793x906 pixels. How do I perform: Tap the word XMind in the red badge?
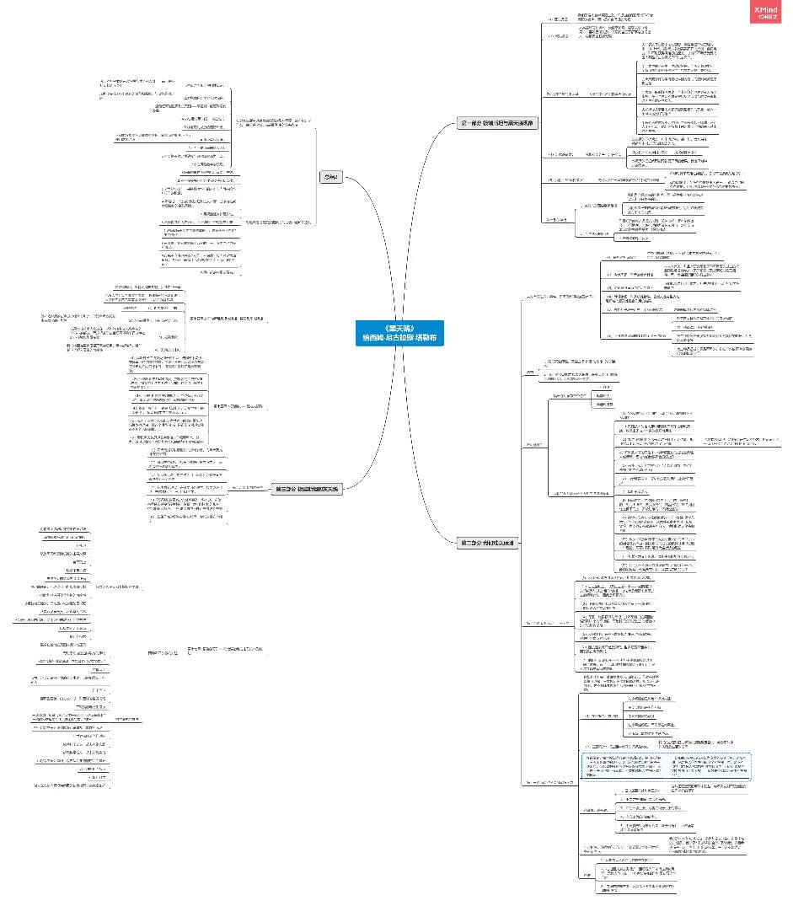click(767, 8)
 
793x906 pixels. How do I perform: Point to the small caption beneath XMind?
click(767, 16)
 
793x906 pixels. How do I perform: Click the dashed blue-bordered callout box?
click(666, 766)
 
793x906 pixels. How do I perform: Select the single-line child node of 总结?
click(269, 198)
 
